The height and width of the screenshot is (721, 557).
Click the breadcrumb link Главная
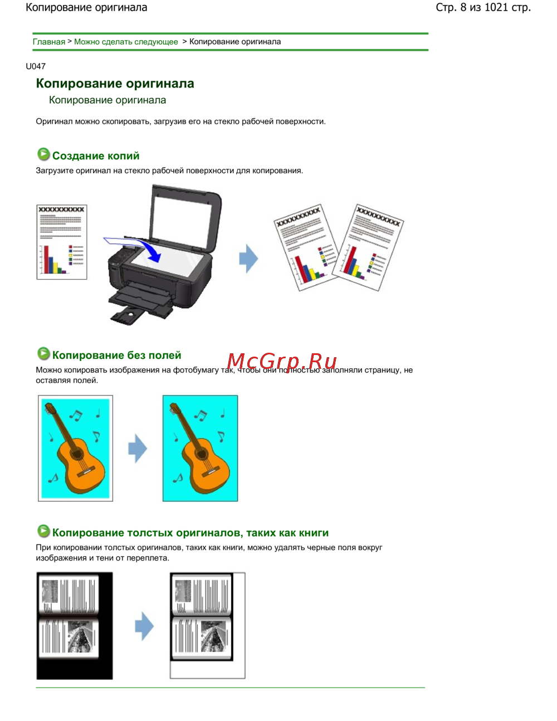click(49, 42)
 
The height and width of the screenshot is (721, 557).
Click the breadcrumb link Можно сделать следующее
click(126, 42)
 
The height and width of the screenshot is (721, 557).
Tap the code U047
click(36, 66)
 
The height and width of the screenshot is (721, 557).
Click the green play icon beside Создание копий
click(43, 154)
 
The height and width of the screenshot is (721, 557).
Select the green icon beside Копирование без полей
click(43, 353)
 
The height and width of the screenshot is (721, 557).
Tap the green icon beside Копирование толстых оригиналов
click(43, 531)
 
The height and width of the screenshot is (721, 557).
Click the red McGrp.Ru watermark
click(282, 361)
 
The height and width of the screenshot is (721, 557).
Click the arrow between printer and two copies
click(248, 259)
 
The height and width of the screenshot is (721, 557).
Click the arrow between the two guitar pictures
click(138, 449)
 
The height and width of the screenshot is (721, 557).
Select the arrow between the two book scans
click(144, 626)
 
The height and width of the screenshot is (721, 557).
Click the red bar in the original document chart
click(46, 259)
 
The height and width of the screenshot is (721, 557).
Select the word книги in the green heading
click(314, 533)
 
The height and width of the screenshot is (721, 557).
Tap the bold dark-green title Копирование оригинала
click(115, 83)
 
